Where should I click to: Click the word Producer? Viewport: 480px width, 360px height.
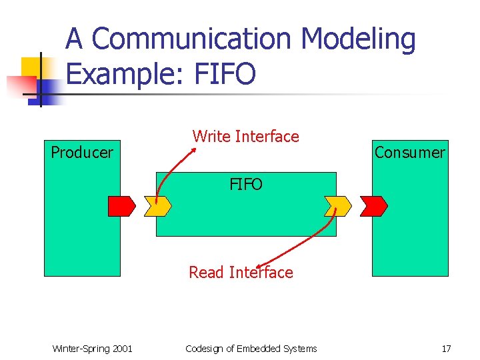82,153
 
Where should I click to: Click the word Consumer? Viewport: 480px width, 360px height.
409,153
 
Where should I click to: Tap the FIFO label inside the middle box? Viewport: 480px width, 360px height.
246,185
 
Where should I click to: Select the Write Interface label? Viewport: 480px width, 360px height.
246,137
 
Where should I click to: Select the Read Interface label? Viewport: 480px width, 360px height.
241,273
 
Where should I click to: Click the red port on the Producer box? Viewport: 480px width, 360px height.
121,207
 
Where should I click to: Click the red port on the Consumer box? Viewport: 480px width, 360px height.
373,207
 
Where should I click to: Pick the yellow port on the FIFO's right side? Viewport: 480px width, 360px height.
337,207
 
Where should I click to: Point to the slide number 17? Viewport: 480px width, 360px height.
447,349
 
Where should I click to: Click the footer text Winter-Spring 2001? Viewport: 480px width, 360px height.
92,349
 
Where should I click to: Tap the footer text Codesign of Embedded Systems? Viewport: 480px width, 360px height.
251,349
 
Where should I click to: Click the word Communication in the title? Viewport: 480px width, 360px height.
194,40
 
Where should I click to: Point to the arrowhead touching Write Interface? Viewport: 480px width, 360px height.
193,149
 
